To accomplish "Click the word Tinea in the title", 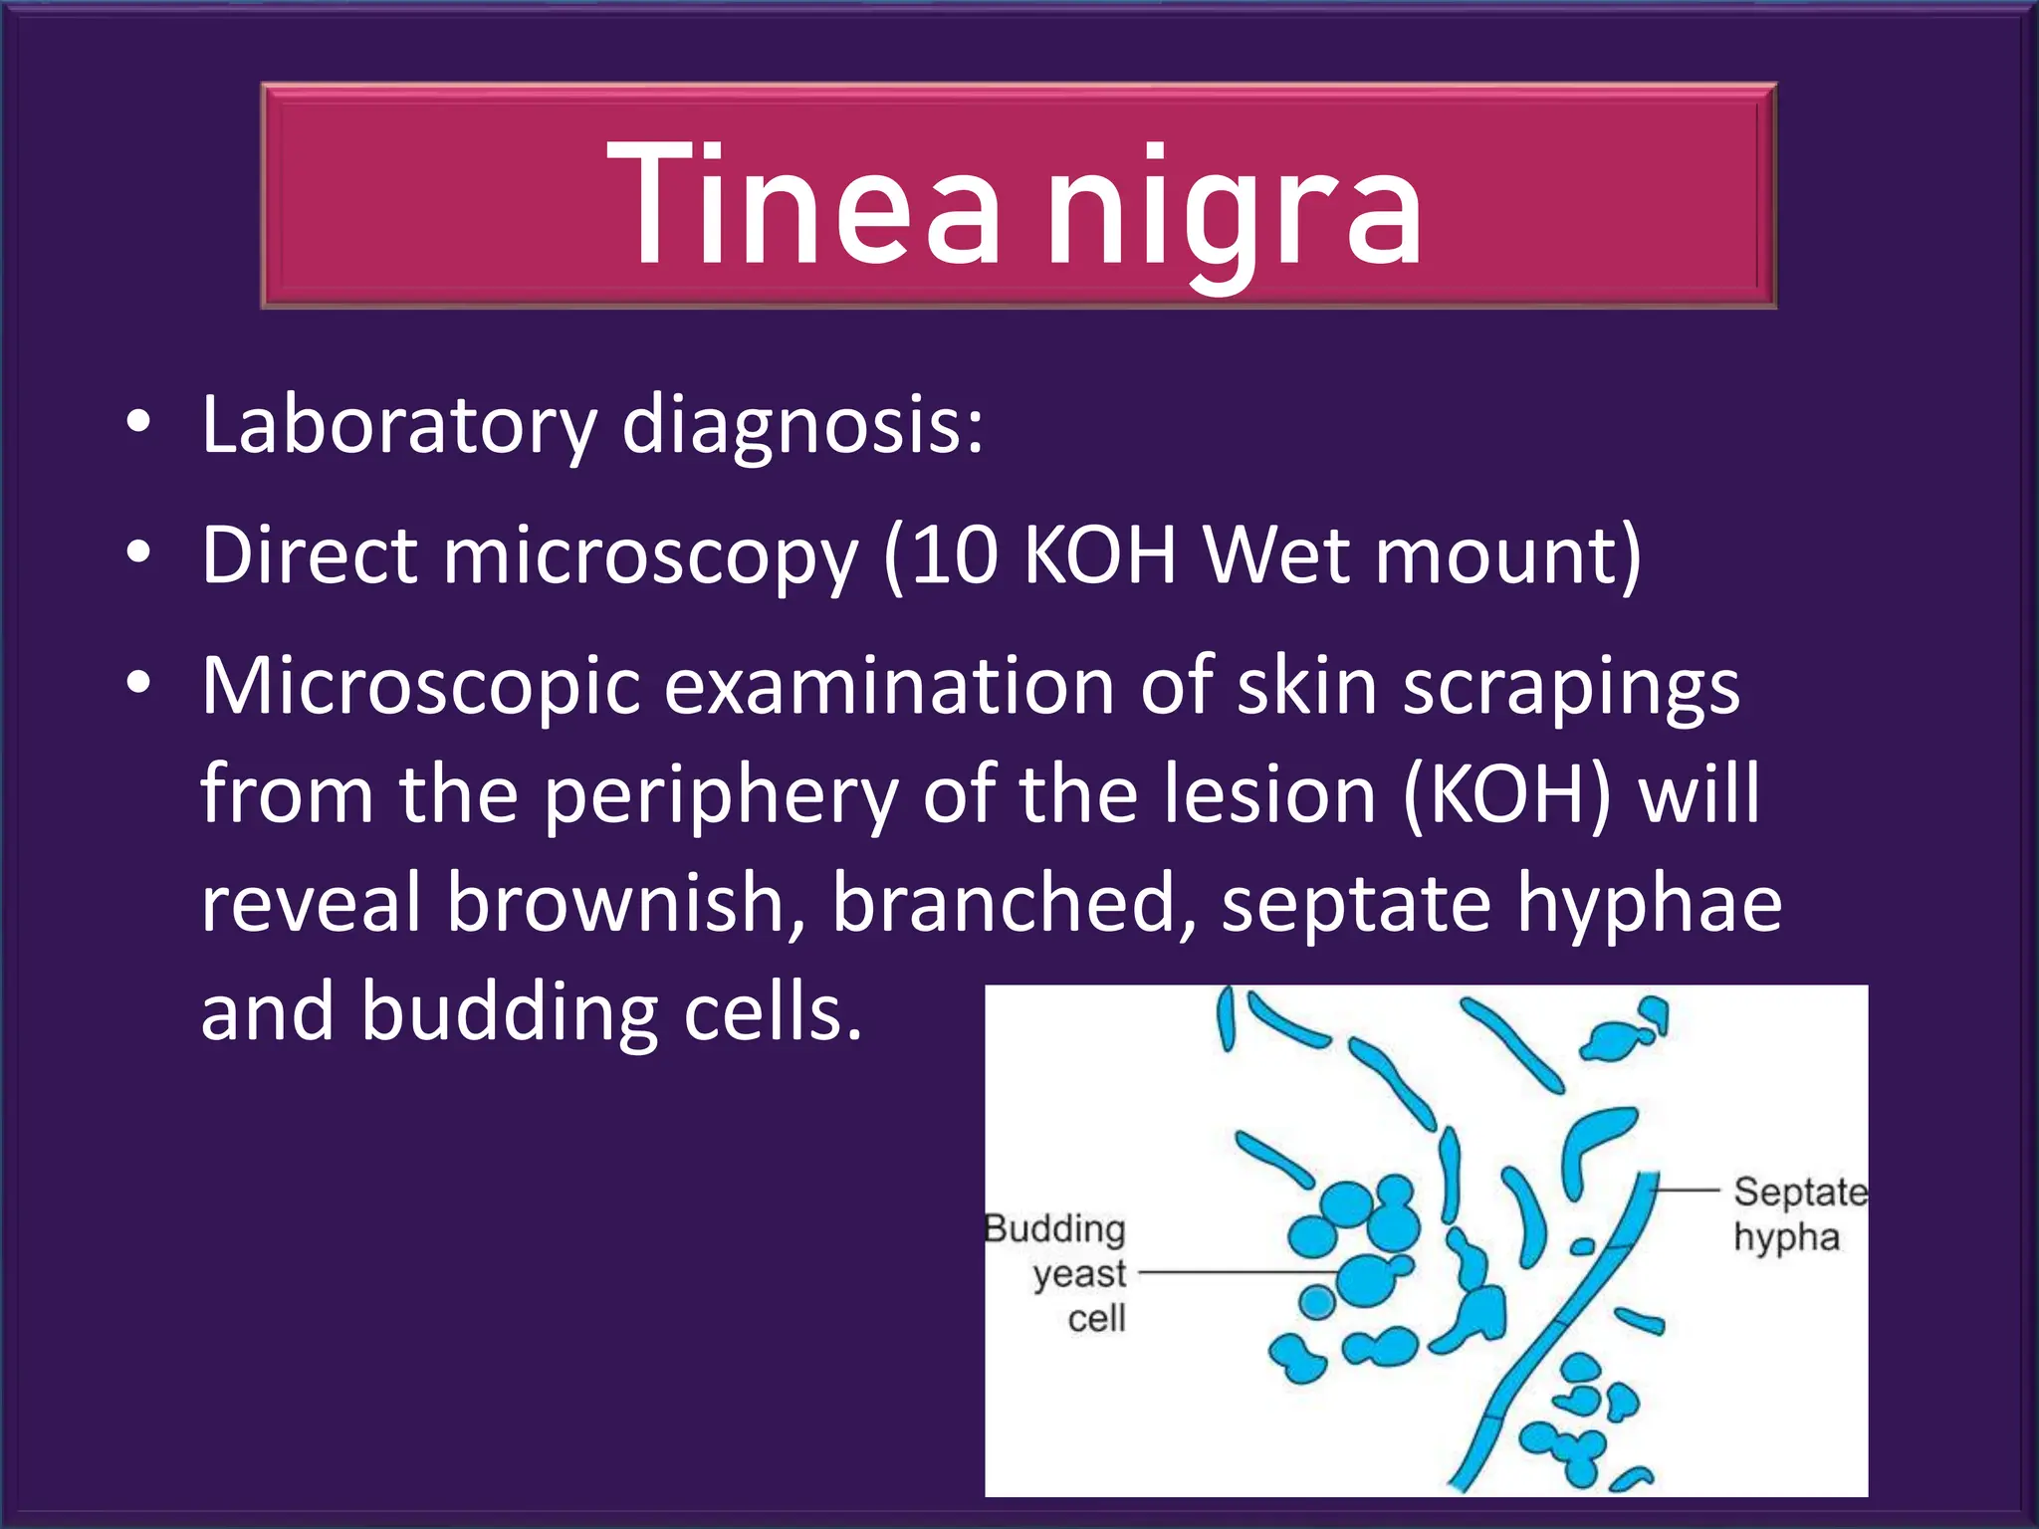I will tap(802, 204).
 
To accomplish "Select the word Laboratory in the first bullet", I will tap(398, 426).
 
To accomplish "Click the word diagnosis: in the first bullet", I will tap(802, 426).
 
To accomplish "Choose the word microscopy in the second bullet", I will tap(650, 557).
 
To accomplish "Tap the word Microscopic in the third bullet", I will tap(420, 687).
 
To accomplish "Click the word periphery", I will tap(721, 796).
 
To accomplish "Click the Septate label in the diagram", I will tap(1800, 1193).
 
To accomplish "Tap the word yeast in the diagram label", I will tap(1079, 1275).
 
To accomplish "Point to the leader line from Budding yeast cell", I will tap(1235, 1272).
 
